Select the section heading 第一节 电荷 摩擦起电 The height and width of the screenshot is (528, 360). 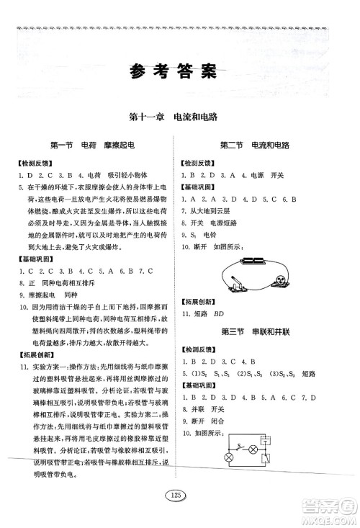[91, 145]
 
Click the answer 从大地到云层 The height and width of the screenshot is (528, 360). [214, 211]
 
